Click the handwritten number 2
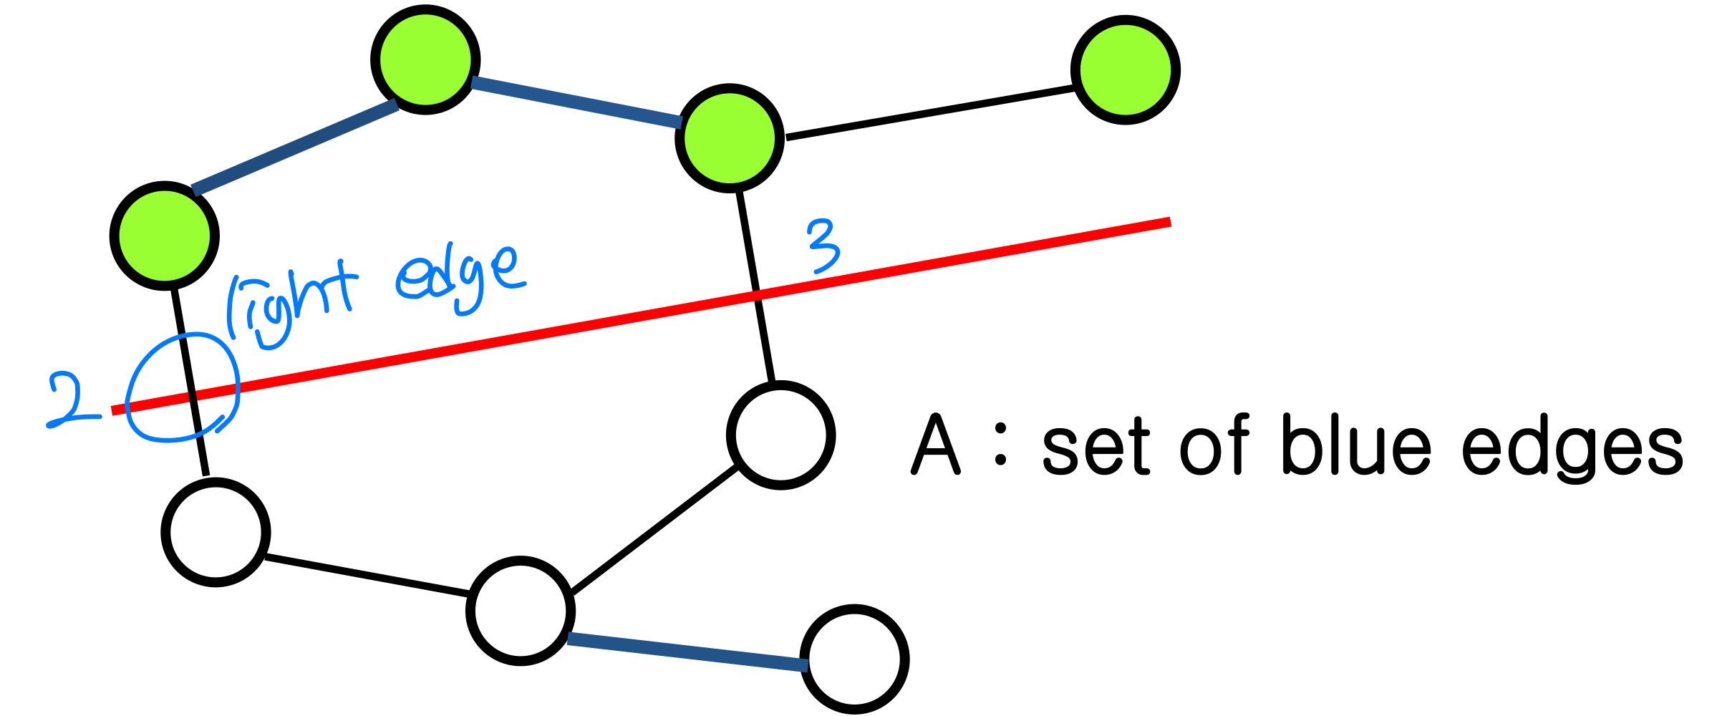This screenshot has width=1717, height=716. (69, 400)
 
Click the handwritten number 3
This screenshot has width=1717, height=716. (823, 246)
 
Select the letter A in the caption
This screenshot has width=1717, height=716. (935, 445)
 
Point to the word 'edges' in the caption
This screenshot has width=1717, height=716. (1572, 447)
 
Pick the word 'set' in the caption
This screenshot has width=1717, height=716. (1096, 447)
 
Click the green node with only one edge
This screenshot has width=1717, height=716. (1125, 69)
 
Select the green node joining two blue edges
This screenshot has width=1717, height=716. (425, 59)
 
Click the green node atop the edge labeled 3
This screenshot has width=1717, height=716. (730, 137)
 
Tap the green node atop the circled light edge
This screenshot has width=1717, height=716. (164, 236)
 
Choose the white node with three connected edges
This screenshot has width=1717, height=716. (520, 611)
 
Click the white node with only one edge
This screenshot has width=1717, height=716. (854, 659)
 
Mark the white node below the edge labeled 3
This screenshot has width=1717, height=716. (780, 435)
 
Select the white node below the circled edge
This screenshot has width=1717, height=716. (216, 532)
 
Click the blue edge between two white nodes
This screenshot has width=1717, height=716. (687, 652)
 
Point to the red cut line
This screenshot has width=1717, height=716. (573, 328)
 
